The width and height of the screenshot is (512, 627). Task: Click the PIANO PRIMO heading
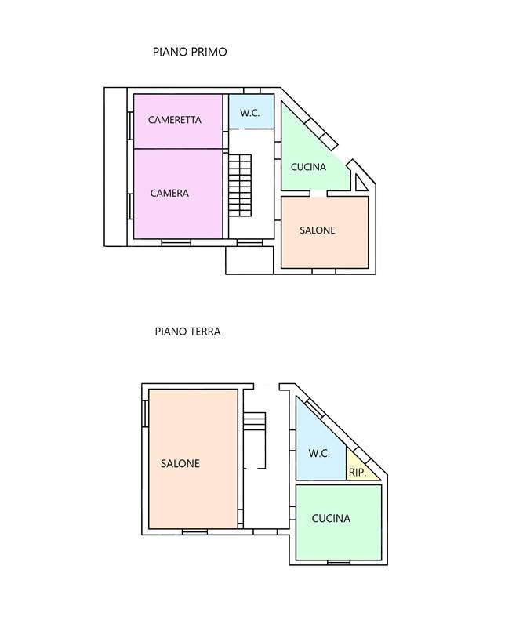pyautogui.click(x=190, y=52)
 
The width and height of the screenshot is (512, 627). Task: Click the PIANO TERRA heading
pyautogui.click(x=187, y=332)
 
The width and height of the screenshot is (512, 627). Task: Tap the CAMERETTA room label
pyautogui.click(x=174, y=120)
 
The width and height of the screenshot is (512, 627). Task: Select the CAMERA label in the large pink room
pyautogui.click(x=169, y=193)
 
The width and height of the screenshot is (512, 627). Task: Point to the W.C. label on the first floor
pyautogui.click(x=250, y=113)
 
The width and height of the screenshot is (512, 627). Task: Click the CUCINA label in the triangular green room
pyautogui.click(x=308, y=167)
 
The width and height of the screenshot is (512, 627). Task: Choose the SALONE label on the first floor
pyautogui.click(x=318, y=230)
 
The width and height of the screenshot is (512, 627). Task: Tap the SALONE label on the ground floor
pyautogui.click(x=180, y=463)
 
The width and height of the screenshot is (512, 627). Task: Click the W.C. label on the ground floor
pyautogui.click(x=319, y=454)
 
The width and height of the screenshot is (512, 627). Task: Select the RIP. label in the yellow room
pyautogui.click(x=358, y=473)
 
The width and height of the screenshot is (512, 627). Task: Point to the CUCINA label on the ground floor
pyautogui.click(x=331, y=518)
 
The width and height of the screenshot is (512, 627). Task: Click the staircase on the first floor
pyautogui.click(x=240, y=186)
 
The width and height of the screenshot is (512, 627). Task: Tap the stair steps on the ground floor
pyautogui.click(x=255, y=422)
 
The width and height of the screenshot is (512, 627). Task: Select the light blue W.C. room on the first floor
pyautogui.click(x=251, y=111)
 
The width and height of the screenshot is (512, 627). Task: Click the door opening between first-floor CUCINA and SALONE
pyautogui.click(x=318, y=194)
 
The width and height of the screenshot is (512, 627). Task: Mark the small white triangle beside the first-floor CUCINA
pyautogui.click(x=360, y=185)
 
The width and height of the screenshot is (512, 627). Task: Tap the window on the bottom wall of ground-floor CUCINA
pyautogui.click(x=339, y=562)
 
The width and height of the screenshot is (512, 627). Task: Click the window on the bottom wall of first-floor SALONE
pyautogui.click(x=324, y=271)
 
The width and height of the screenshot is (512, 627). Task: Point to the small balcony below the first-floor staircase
pyautogui.click(x=249, y=260)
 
